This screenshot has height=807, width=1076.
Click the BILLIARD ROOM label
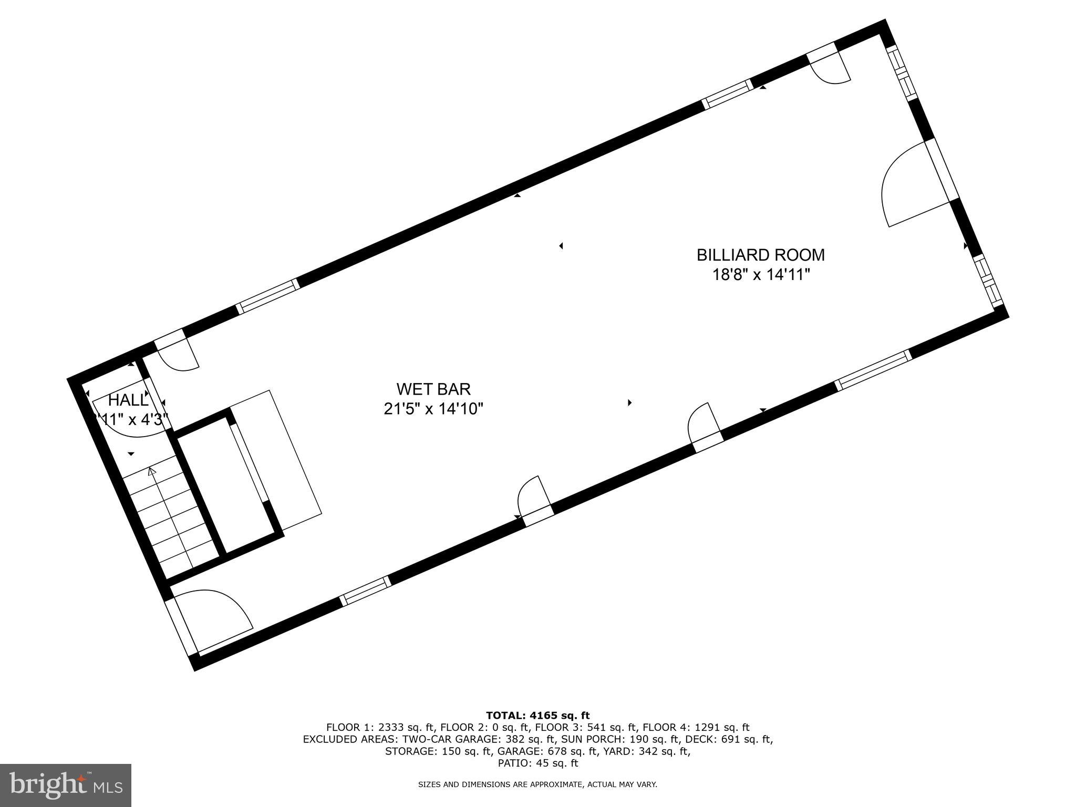[760, 255]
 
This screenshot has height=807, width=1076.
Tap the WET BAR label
[433, 389]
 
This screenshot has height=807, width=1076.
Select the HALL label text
[128, 400]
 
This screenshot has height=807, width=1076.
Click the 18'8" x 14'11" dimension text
[760, 275]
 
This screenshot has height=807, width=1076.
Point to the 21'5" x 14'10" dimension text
[433, 409]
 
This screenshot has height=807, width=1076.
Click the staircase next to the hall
[171, 518]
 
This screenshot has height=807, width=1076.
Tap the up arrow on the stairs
[152, 471]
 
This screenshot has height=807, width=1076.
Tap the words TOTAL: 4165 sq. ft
[537, 716]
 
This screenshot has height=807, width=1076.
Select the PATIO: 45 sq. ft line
[537, 763]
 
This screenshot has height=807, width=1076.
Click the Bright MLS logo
[66, 785]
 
